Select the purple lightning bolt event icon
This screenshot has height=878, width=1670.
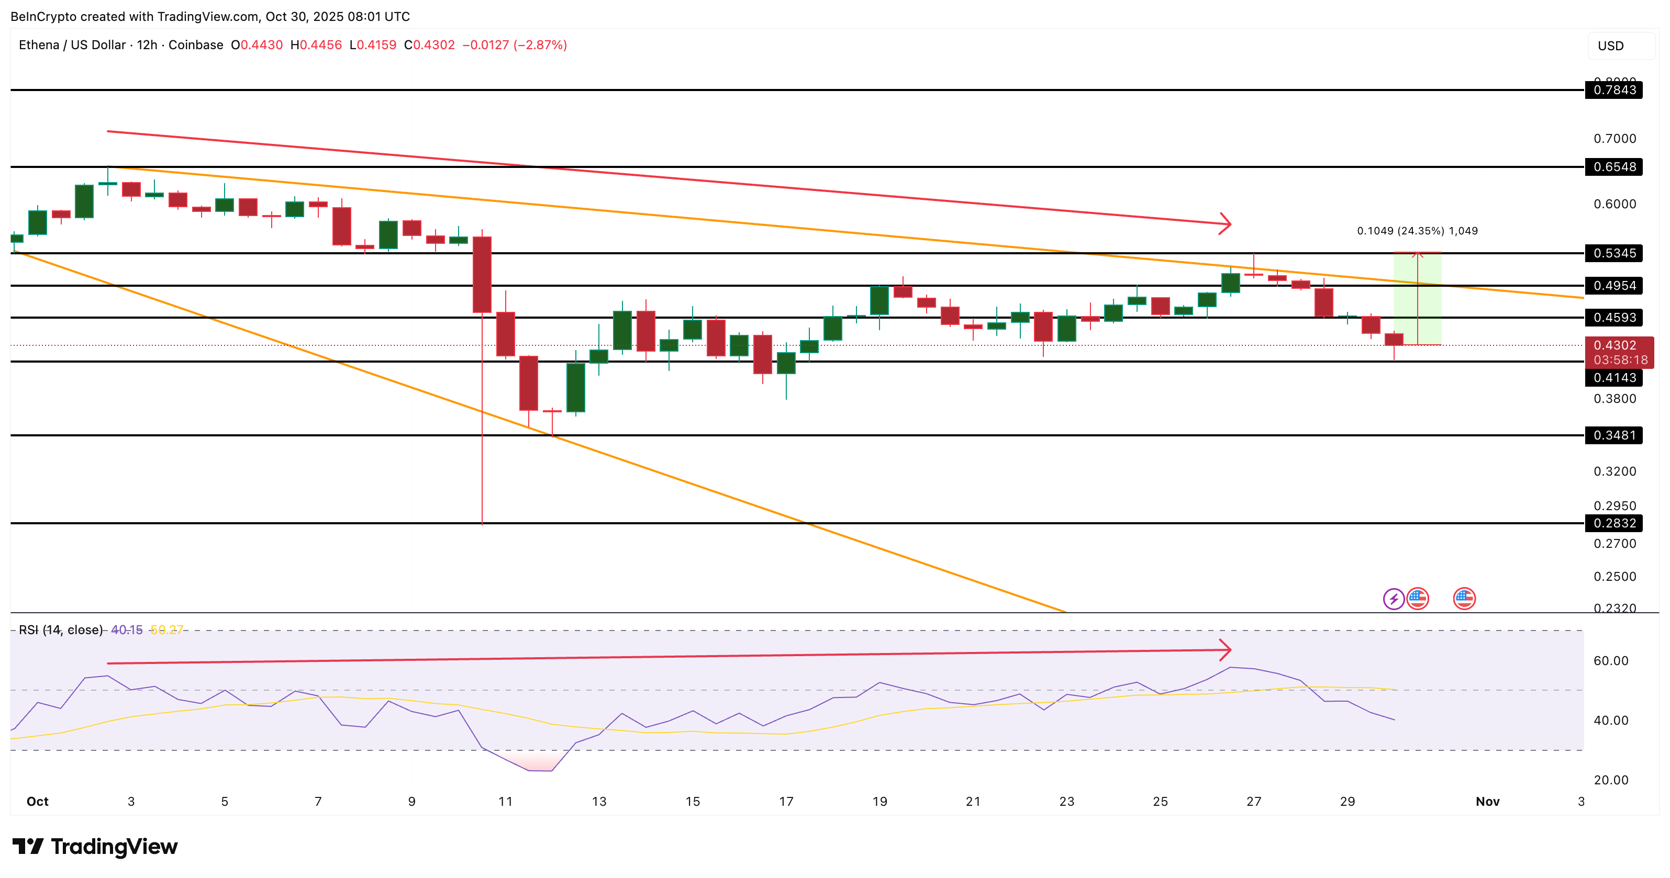(x=1393, y=599)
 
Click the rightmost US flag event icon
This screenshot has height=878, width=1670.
(x=1464, y=599)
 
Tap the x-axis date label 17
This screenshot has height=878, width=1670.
(x=786, y=802)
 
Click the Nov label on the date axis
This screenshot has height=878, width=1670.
(x=1487, y=802)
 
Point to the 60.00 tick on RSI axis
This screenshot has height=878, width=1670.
(x=1610, y=661)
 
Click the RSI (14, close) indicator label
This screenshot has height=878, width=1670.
(x=60, y=630)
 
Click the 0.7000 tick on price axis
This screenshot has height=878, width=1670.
(x=1615, y=139)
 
